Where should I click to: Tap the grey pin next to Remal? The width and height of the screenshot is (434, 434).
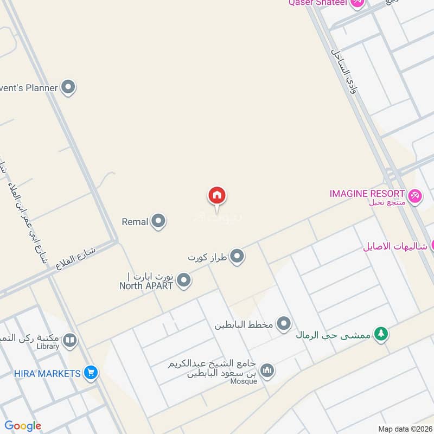[158, 221]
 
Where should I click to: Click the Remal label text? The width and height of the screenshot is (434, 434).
[135, 222]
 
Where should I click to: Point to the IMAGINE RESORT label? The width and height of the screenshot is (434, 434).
[367, 194]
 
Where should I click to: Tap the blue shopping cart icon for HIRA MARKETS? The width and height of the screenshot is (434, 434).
[91, 373]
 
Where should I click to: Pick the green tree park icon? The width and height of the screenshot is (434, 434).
[382, 334]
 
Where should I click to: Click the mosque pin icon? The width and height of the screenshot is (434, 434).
[267, 371]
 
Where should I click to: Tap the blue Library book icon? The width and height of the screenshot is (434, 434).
[69, 341]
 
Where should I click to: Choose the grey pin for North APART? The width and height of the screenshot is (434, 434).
[184, 280]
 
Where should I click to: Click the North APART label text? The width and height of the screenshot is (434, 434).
[146, 285]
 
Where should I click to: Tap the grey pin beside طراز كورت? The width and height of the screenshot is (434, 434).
[237, 256]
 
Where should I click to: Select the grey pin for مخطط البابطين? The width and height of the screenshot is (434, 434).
[284, 324]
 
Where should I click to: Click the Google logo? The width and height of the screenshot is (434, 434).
[23, 426]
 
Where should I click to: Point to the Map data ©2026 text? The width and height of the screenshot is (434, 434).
[404, 429]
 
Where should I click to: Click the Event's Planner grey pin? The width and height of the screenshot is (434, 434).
[68, 87]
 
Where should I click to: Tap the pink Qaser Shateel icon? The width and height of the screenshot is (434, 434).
[356, 3]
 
